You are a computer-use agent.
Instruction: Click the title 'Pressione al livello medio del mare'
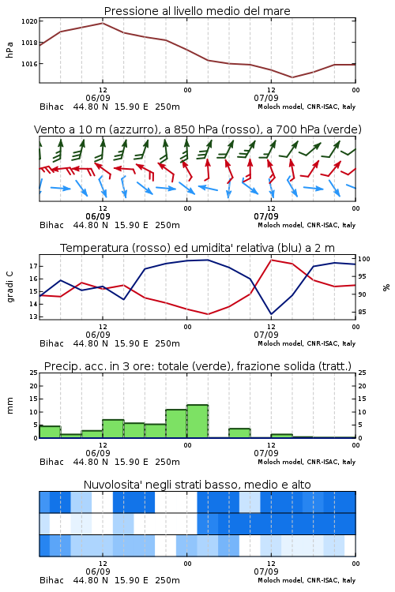(197, 11)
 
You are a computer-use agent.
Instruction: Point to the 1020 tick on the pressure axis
(29, 21)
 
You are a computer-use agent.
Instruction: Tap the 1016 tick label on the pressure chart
(29, 64)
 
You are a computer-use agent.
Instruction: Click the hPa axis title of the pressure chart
(9, 50)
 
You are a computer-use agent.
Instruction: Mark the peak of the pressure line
(103, 23)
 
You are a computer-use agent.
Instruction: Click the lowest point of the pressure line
(292, 77)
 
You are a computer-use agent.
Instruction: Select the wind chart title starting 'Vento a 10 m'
(197, 129)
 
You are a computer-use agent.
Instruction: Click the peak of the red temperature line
(271, 260)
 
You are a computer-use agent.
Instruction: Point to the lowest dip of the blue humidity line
(271, 314)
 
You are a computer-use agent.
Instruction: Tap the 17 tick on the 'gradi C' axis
(33, 266)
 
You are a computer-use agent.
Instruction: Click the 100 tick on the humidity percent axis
(364, 259)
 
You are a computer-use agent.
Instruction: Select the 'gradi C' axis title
(9, 287)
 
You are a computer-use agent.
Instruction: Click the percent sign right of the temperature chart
(386, 287)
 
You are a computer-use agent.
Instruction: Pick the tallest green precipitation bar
(197, 422)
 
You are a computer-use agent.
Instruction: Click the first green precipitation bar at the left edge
(50, 432)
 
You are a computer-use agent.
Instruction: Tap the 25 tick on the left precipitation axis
(34, 373)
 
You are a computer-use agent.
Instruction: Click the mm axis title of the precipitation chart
(9, 405)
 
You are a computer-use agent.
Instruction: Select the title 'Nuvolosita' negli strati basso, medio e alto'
(197, 485)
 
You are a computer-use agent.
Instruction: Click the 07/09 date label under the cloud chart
(266, 571)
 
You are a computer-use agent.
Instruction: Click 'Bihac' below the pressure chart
(52, 107)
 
